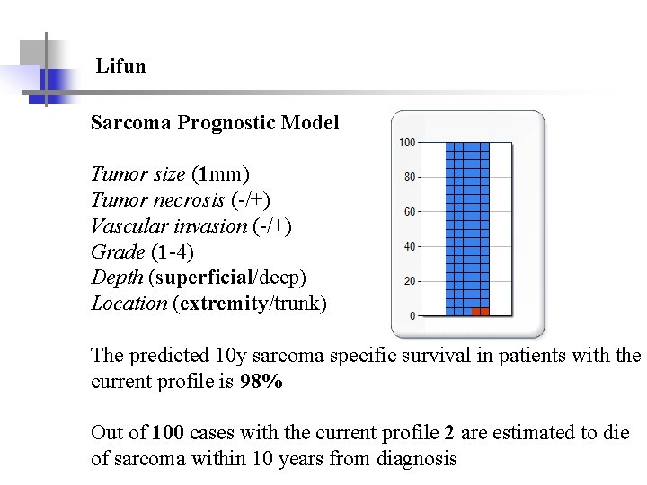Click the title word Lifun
[120, 66]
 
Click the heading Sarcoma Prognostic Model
[215, 123]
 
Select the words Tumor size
[137, 173]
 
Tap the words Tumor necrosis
[157, 199]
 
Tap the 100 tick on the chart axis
[406, 143]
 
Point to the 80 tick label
[409, 178]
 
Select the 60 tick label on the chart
[409, 212]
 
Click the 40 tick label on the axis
[409, 247]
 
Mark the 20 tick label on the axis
[409, 282]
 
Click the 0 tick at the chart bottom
[412, 316]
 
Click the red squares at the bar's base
[481, 312]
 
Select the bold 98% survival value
[261, 381]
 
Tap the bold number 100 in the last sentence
[168, 433]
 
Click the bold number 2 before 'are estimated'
[449, 433]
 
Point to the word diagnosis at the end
[414, 459]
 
